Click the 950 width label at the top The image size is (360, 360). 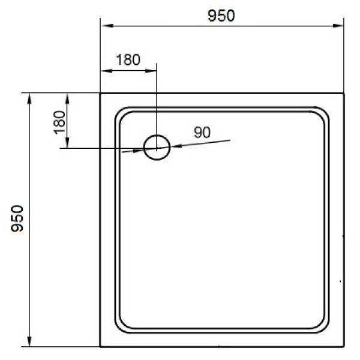point(221,16)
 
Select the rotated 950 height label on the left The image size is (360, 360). point(17,219)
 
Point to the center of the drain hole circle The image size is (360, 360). point(157,146)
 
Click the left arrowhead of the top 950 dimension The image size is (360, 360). point(104,26)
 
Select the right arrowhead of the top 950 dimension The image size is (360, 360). point(340,26)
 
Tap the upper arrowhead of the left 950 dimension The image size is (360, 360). point(29,98)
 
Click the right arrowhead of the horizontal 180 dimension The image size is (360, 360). point(152,70)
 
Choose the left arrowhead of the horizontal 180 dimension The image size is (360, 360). point(104,70)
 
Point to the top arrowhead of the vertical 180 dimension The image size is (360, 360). point(68,98)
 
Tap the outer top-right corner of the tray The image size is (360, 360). point(344,93)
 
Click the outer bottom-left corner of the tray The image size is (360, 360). point(100,347)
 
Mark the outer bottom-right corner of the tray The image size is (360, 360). point(344,347)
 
